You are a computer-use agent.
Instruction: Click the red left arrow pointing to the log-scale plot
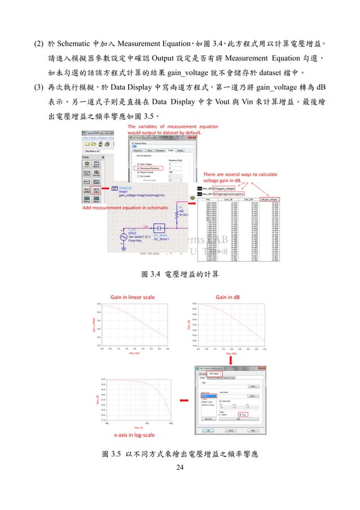184,400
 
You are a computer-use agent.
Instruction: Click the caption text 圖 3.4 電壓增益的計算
180,274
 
